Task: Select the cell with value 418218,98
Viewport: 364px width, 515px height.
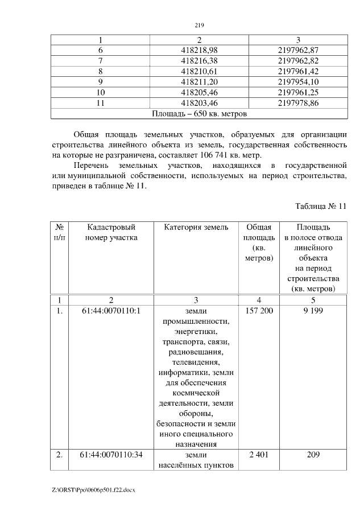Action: [199, 50]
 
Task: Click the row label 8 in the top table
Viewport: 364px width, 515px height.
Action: [100, 71]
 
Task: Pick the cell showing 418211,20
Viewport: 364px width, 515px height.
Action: [199, 81]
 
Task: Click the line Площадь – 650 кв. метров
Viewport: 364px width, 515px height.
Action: [199, 113]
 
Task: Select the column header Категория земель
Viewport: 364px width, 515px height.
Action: [196, 228]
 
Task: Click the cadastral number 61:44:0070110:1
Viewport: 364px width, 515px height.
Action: [111, 311]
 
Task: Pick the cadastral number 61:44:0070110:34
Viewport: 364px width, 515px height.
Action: [111, 455]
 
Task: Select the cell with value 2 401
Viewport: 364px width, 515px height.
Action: [259, 455]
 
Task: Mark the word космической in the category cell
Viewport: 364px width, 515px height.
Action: [196, 393]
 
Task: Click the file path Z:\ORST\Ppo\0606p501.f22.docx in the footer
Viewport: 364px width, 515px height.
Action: [93, 489]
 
